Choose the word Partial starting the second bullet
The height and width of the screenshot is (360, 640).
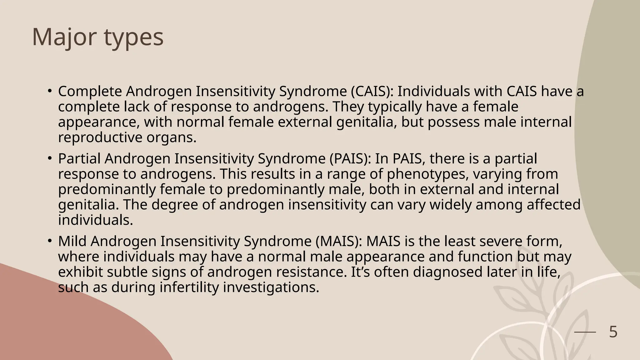tap(79, 159)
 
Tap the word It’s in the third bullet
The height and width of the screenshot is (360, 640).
tap(361, 272)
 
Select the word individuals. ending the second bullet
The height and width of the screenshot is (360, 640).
tap(96, 220)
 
